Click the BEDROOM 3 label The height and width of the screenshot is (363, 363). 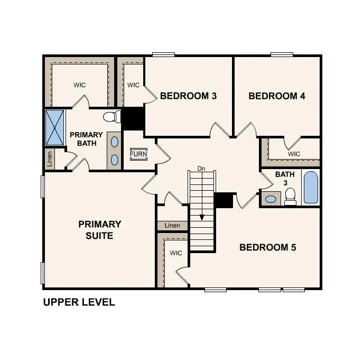pos(188,96)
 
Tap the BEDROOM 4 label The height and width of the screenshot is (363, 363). pos(277,96)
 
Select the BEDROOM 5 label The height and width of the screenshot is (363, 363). pos(268,247)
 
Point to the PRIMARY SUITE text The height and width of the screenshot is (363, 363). pos(100,230)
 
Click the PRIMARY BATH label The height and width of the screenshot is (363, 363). pos(86,139)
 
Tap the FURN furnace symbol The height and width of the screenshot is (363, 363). pos(139,154)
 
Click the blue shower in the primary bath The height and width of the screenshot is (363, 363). pos(54,127)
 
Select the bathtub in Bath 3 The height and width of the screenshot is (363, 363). pos(311,188)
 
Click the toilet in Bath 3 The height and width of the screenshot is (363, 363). pos(290,197)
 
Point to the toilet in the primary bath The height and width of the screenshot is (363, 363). pos(110,117)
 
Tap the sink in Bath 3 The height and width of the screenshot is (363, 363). pos(271,199)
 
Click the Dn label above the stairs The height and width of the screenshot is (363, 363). pos(201,169)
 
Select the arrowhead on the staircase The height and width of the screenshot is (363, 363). pos(201,217)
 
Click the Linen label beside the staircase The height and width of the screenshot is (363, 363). pos(172,226)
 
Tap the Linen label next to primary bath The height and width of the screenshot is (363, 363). pos(50,159)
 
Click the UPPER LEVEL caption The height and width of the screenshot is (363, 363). pos(79,303)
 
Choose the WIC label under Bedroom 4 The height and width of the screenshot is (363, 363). pos(294,154)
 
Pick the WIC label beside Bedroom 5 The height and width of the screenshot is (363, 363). pos(176,253)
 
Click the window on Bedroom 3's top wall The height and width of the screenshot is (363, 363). pos(163,54)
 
